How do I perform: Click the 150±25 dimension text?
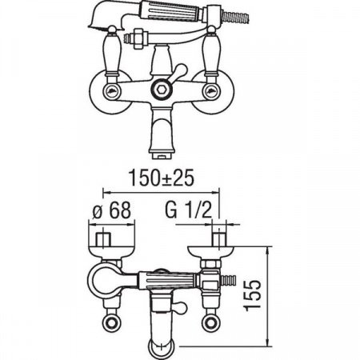tap(162, 178)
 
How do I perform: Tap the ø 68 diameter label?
tap(112, 210)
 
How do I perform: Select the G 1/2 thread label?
tap(189, 210)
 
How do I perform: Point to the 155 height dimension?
tap(252, 295)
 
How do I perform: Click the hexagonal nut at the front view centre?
tap(160, 90)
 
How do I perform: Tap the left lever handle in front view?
tap(112, 54)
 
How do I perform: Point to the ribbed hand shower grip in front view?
tap(173, 12)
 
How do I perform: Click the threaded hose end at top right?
tap(236, 17)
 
